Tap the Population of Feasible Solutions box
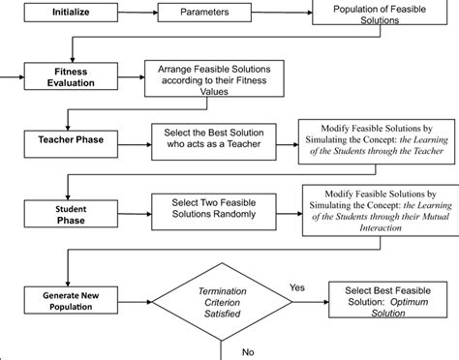pyautogui.click(x=372, y=15)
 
